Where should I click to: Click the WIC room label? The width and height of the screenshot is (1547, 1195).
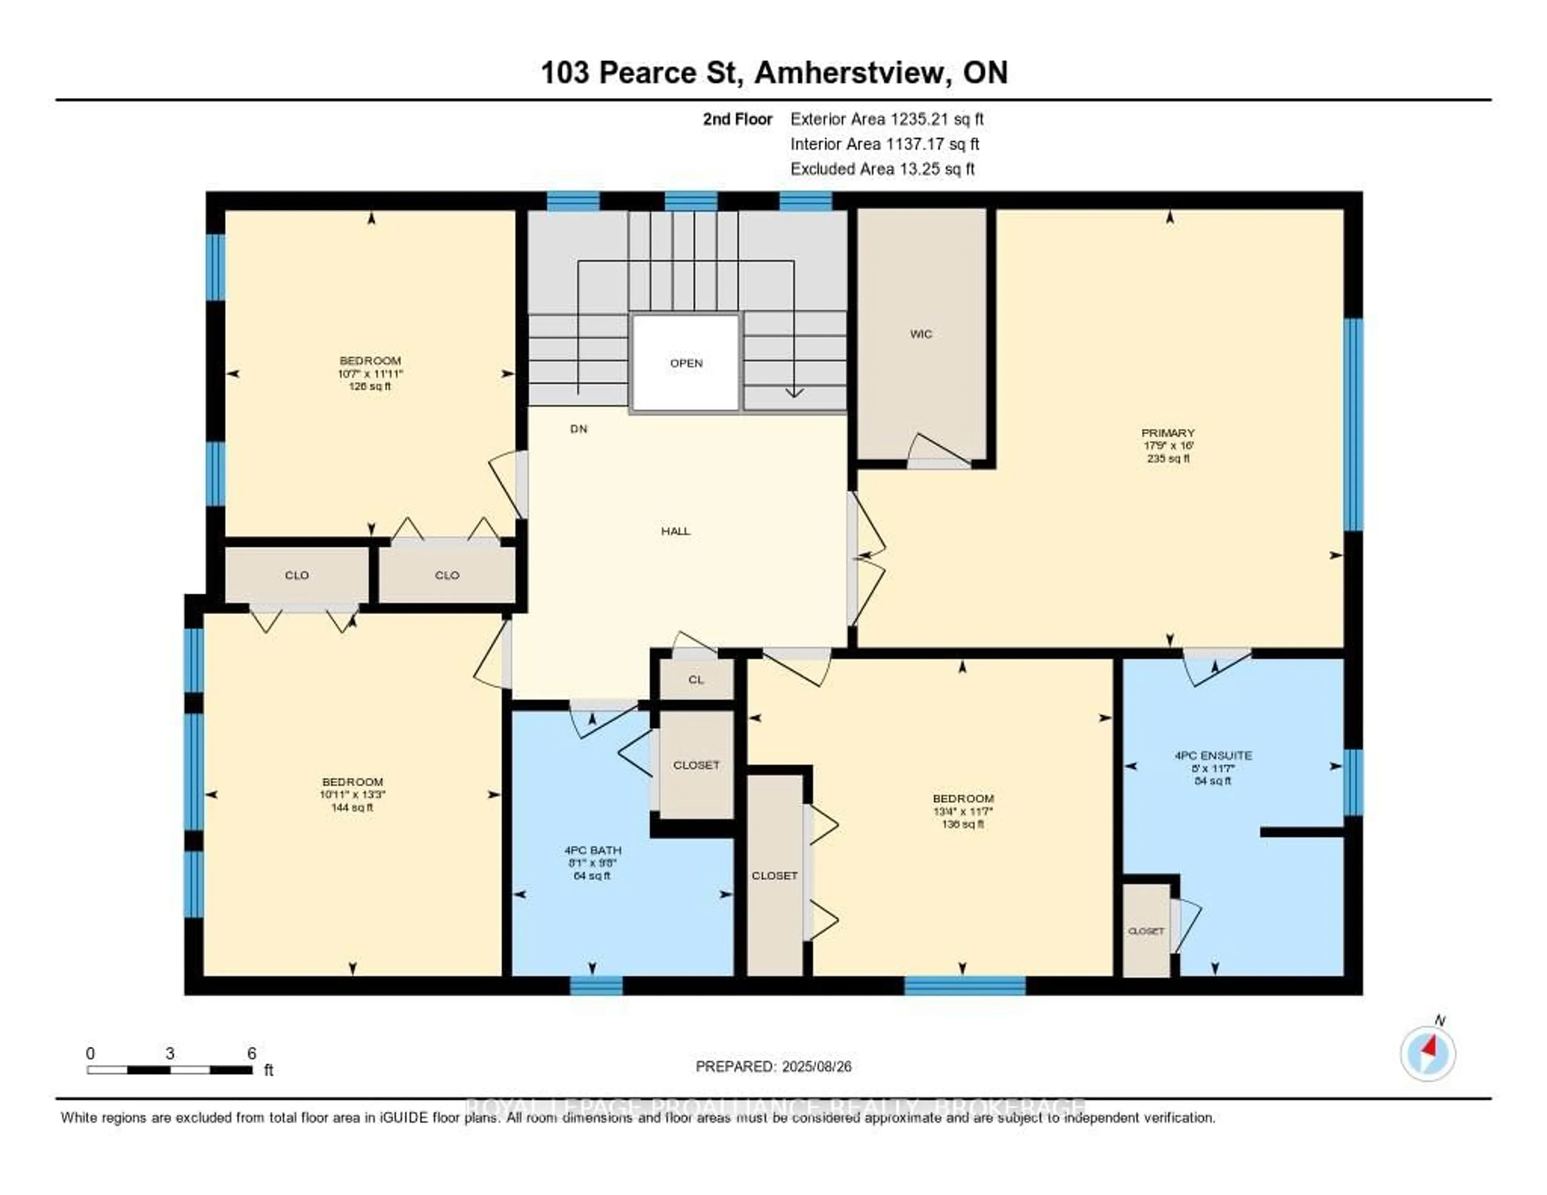pyautogui.click(x=921, y=334)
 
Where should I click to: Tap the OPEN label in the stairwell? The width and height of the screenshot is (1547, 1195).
pyautogui.click(x=686, y=363)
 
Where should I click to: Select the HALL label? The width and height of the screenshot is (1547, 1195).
pyautogui.click(x=675, y=531)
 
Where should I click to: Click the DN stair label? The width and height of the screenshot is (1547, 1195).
pyautogui.click(x=579, y=429)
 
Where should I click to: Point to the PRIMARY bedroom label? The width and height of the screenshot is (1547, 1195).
pyautogui.click(x=1168, y=432)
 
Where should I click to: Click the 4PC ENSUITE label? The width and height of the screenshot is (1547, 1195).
pyautogui.click(x=1213, y=755)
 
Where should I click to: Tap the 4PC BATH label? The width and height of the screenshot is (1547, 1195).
pyautogui.click(x=592, y=850)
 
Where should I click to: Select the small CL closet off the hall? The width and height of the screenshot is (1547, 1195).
pyautogui.click(x=696, y=679)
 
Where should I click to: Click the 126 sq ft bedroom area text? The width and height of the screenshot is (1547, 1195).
pyautogui.click(x=370, y=386)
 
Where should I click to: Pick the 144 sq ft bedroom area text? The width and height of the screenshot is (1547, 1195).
pyautogui.click(x=352, y=807)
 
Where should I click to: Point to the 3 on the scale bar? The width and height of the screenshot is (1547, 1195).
pyautogui.click(x=170, y=1053)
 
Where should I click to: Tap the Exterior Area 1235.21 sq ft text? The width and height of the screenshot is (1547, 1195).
pyautogui.click(x=887, y=119)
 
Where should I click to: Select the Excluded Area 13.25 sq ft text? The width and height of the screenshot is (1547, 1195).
pyautogui.click(x=883, y=168)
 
